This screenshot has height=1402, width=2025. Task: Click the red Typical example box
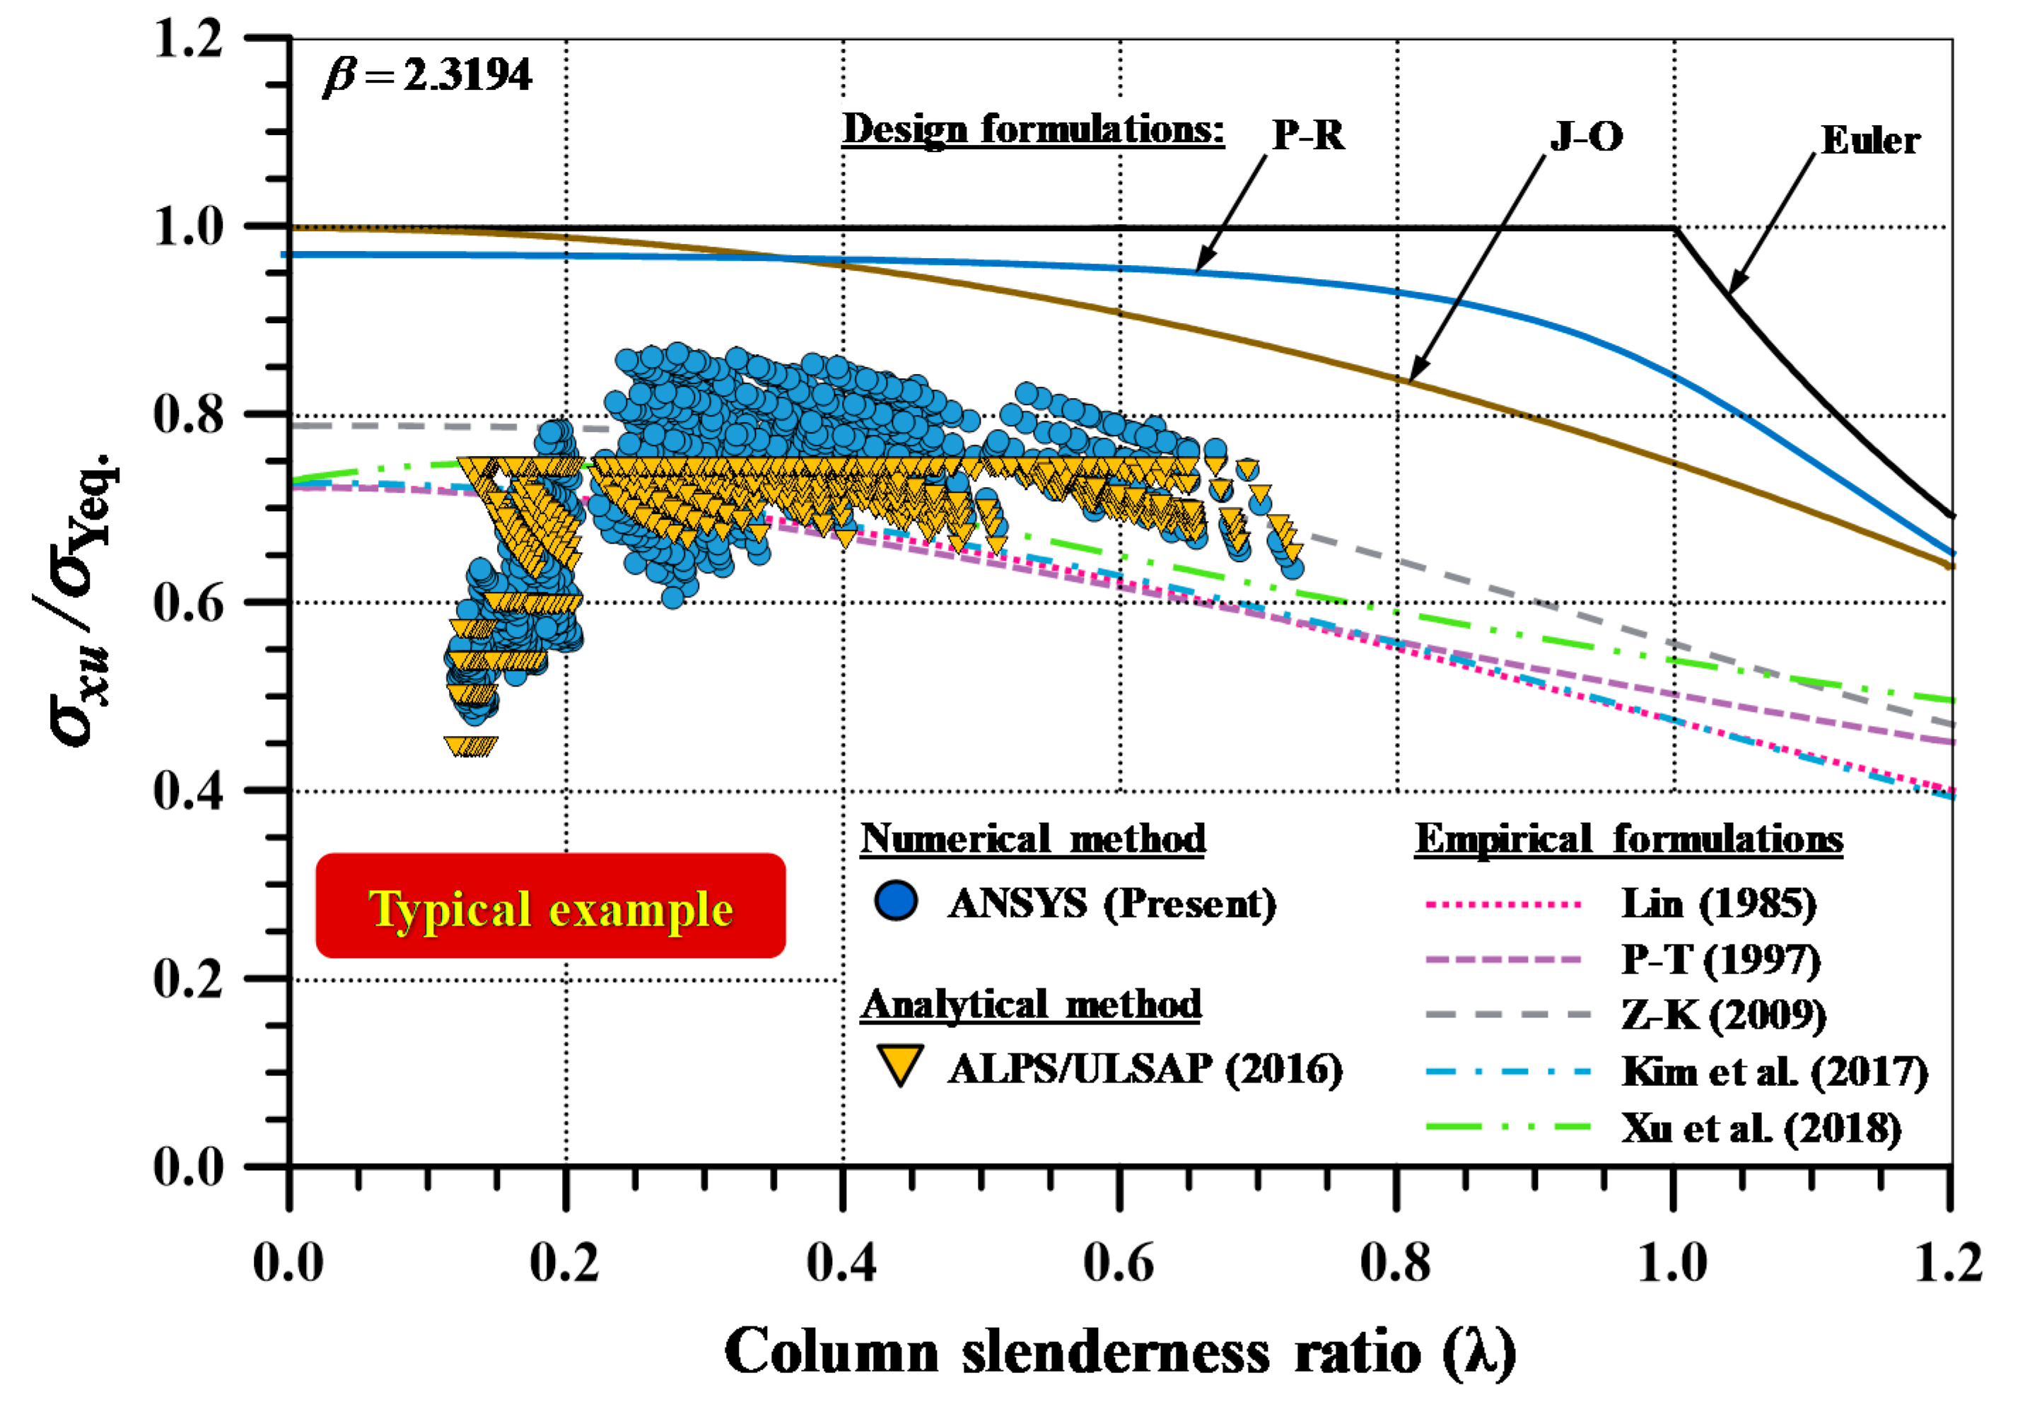pyautogui.click(x=550, y=906)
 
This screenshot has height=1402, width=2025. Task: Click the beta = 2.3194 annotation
pyautogui.click(x=428, y=76)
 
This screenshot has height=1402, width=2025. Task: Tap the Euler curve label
pyautogui.click(x=1869, y=141)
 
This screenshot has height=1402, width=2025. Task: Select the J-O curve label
pyautogui.click(x=1586, y=136)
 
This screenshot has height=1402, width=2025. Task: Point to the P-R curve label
pyautogui.click(x=1308, y=135)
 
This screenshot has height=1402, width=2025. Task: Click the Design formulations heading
pyautogui.click(x=1033, y=129)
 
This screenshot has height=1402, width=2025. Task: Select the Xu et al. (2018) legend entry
pyautogui.click(x=1761, y=1128)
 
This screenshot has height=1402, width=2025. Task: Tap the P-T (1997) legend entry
pyautogui.click(x=1720, y=959)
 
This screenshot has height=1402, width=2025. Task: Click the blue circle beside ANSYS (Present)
pyautogui.click(x=896, y=901)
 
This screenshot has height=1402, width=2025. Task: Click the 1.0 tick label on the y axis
pyautogui.click(x=189, y=227)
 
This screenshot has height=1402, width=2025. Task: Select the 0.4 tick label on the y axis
pyautogui.click(x=189, y=790)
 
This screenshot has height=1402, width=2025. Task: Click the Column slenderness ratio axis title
pyautogui.click(x=1119, y=1352)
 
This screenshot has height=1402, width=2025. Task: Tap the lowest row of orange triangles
pyautogui.click(x=472, y=746)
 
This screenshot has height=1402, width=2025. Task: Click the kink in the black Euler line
pyautogui.click(x=1674, y=228)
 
